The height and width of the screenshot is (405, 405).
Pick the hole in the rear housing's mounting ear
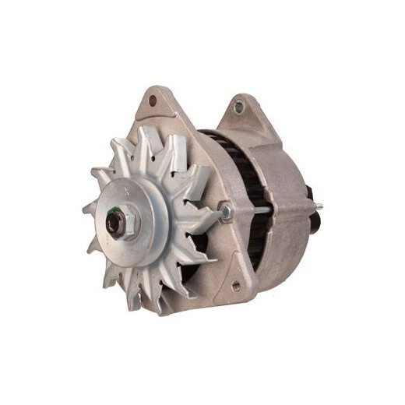point(238,106)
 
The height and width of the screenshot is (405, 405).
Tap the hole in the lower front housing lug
point(234,286)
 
